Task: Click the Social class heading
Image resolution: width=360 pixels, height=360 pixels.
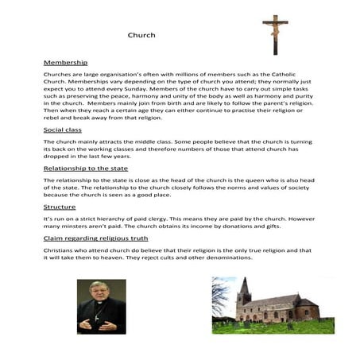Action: pyautogui.click(x=66, y=129)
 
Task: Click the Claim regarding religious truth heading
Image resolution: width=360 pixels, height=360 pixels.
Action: pyautogui.click(x=101, y=238)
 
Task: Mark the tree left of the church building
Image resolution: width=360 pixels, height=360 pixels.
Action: pyautogui.click(x=225, y=305)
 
